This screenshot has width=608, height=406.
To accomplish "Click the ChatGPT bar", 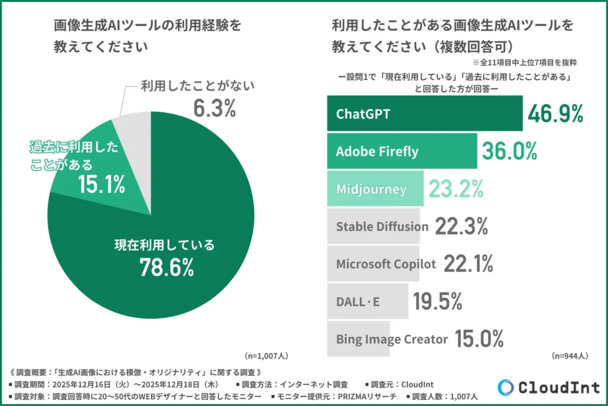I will coord(425,113).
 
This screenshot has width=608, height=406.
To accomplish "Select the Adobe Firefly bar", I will coord(402,151).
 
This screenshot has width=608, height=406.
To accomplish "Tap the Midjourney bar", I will coord(375,189).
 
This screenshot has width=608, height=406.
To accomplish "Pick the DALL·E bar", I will coord(368,301).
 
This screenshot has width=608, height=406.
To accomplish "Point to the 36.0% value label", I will coord(509,151).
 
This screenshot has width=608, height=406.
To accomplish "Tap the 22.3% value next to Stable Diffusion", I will coord(461,226).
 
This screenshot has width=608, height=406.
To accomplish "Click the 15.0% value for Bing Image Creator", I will coord(479,339).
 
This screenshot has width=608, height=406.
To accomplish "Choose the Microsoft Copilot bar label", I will coord(386,264).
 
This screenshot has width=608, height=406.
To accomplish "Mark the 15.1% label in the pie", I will coord(102,185).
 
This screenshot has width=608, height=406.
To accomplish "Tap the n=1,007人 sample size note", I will coord(267,355).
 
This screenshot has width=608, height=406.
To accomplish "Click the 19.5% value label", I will coord(438,301).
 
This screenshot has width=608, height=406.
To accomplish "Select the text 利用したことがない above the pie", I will coord(197,86).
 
